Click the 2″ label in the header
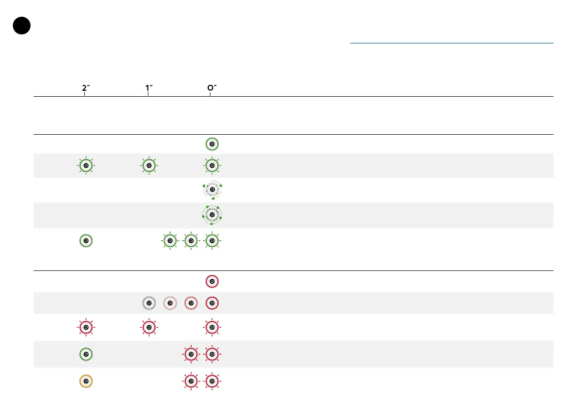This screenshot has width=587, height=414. click(86, 89)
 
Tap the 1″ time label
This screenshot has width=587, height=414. click(148, 89)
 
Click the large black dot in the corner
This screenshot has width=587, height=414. click(22, 26)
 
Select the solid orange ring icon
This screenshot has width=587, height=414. click(86, 381)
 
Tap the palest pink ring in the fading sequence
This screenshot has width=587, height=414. click(170, 303)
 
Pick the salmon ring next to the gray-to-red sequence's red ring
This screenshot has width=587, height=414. click(191, 303)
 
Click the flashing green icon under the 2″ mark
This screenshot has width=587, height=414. click(86, 165)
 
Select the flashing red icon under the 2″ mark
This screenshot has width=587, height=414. click(86, 327)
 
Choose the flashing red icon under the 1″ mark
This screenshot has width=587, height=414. click(148, 327)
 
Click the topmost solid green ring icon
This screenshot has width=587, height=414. click(212, 144)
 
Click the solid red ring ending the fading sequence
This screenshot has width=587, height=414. click(212, 303)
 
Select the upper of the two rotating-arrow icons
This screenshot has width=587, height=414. click(212, 189)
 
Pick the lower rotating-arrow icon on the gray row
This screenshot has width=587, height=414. click(212, 215)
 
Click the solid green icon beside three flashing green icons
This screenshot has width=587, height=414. click(86, 241)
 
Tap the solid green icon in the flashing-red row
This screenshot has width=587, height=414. click(86, 354)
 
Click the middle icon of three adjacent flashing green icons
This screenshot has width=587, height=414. click(191, 241)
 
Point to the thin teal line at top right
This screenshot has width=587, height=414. click(451, 43)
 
